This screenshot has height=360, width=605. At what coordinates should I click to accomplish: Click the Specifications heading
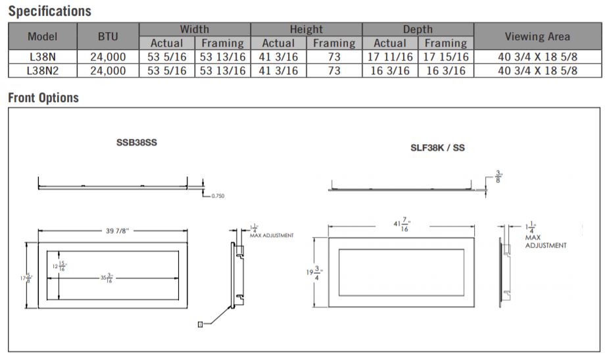(x=50, y=11)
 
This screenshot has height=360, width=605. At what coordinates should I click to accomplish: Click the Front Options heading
(x=43, y=97)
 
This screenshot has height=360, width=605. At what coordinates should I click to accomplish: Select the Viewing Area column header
(x=537, y=36)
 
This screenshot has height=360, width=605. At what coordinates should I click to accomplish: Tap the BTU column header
(x=108, y=36)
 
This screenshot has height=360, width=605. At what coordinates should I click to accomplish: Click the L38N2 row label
(x=43, y=70)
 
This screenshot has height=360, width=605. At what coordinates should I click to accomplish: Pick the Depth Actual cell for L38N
(x=390, y=57)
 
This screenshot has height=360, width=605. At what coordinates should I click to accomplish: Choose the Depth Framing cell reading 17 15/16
(x=446, y=57)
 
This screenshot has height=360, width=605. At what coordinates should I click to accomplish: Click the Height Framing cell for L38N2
(x=334, y=70)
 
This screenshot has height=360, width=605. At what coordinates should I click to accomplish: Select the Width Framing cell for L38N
(x=223, y=57)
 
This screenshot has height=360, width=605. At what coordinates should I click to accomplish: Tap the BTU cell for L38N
(x=108, y=57)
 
